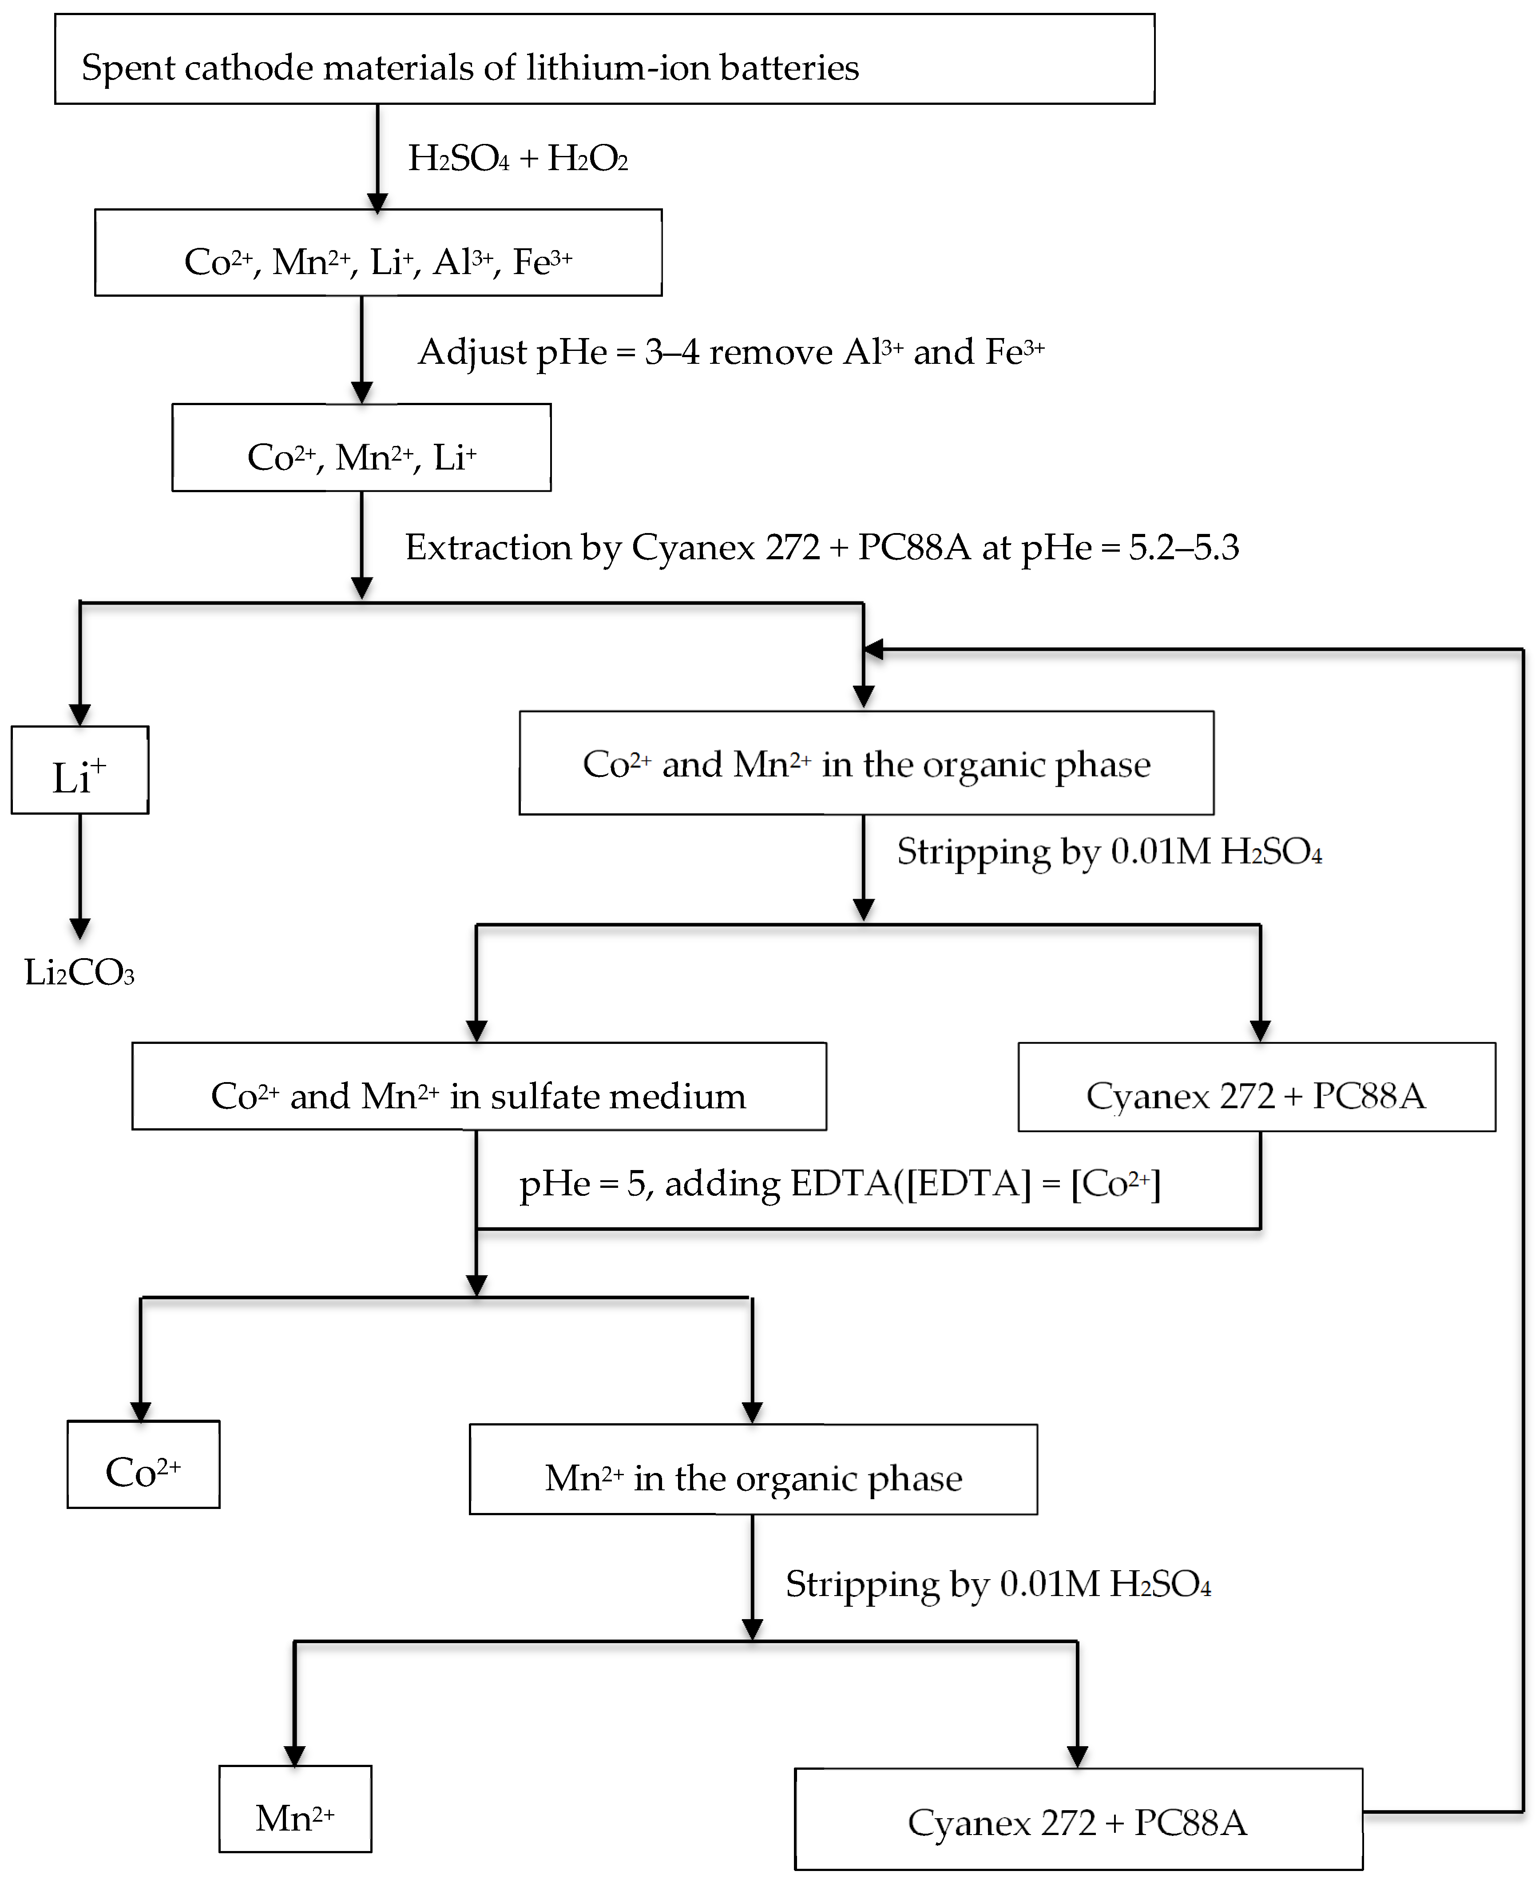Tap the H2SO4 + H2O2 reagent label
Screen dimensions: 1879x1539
518,159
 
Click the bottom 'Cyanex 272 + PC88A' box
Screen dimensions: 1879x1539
1078,1819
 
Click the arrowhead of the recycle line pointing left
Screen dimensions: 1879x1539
873,650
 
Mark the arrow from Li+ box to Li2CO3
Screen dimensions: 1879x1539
80,873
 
